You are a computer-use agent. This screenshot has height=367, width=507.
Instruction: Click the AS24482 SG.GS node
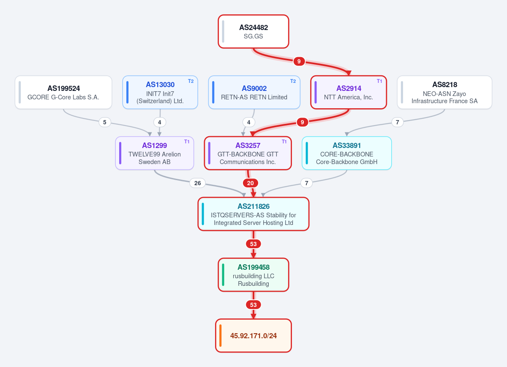253,31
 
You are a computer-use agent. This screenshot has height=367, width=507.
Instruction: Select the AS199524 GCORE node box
63,92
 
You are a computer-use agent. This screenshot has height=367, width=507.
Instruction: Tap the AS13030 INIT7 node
160,92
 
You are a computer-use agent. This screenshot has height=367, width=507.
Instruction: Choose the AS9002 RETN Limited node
254,92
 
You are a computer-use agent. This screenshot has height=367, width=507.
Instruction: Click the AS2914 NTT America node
349,92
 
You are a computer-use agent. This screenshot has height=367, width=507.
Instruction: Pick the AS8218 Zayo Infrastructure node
444,92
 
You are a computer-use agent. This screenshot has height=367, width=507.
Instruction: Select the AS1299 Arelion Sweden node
155,153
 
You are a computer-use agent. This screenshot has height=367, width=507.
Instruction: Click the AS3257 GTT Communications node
248,153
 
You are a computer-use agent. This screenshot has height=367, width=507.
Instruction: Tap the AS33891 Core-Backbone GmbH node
346,153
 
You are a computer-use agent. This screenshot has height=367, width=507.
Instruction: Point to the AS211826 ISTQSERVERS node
253,214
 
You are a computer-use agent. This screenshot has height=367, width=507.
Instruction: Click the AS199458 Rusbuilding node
253,275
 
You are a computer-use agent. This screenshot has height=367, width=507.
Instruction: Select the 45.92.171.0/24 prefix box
253,336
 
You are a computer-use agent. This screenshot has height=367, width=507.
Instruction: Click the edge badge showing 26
197,183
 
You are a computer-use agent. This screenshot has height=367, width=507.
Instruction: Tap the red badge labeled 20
250,183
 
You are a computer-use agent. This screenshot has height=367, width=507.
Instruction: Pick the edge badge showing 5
105,122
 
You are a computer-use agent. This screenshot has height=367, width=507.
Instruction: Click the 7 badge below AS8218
397,122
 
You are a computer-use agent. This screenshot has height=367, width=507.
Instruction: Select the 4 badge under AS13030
160,122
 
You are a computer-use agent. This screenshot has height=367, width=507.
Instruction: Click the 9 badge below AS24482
299,61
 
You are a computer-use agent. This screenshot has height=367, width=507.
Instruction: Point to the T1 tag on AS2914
379,81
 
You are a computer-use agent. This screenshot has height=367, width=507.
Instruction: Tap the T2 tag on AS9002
293,81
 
